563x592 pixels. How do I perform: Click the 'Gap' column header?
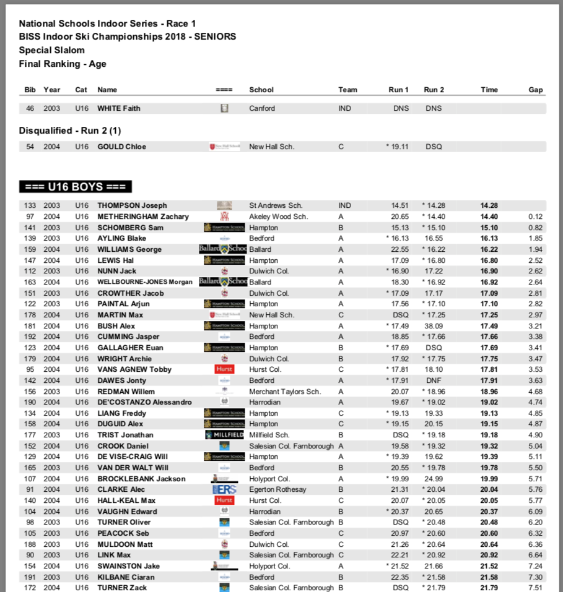[536, 90]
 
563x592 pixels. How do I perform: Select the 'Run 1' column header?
[398, 90]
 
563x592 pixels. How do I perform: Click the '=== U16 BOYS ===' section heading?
[76, 187]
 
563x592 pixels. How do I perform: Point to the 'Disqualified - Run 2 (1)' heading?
[70, 131]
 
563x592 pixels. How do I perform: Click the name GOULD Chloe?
[122, 147]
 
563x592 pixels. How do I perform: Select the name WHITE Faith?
[119, 108]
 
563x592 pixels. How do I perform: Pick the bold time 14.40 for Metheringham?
[489, 217]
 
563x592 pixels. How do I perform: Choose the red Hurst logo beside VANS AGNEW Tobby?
[224, 369]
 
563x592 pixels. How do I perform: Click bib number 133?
[30, 205]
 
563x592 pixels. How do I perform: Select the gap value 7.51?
[535, 588]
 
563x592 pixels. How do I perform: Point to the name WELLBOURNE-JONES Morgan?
[146, 282]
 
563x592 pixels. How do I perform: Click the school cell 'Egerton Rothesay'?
[277, 489]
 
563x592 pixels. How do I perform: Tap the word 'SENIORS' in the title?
[215, 36]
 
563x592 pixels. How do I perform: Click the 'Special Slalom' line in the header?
[51, 50]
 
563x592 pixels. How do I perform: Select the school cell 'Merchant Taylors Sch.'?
[285, 392]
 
